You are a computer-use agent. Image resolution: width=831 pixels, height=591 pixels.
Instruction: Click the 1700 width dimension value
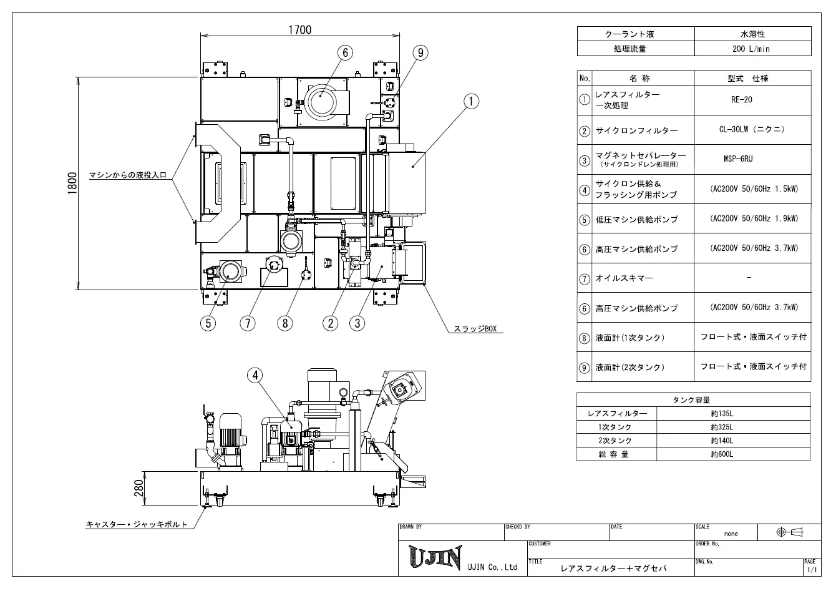299,30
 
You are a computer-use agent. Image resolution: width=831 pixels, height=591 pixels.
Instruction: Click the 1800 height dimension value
72,183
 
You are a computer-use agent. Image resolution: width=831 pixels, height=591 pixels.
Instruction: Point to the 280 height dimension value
138,488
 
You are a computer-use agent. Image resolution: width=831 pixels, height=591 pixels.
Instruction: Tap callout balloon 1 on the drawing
471,101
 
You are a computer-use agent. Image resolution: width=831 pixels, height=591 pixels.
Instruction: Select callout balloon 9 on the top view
420,52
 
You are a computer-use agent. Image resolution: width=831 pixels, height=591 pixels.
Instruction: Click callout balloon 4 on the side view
255,376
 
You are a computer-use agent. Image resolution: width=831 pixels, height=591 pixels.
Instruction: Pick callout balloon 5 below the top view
208,323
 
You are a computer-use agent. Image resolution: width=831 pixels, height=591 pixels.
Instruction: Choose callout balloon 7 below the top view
248,323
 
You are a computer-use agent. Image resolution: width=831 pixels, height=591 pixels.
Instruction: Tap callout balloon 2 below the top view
331,323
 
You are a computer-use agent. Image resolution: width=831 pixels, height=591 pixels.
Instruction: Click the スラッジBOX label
475,329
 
